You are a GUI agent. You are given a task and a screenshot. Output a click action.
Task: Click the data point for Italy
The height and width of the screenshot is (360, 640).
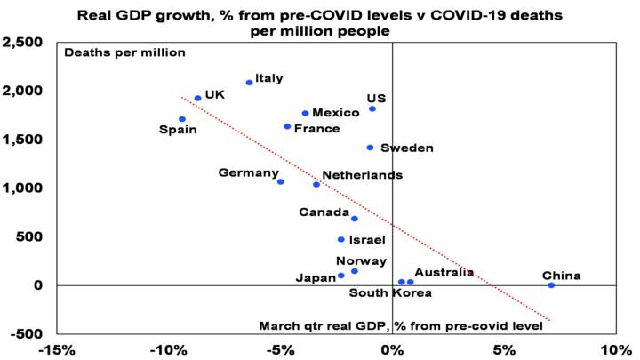[250, 83]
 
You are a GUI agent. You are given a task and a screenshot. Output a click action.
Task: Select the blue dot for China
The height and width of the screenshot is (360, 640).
[551, 285]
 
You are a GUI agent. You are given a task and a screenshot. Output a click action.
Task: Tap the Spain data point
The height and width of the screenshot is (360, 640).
[182, 119]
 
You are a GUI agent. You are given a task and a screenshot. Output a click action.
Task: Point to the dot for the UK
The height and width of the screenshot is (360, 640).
[197, 99]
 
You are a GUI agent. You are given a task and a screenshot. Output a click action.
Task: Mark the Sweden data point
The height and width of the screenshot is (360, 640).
[370, 148]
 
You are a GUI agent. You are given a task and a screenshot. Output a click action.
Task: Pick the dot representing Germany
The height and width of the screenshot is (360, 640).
[281, 181]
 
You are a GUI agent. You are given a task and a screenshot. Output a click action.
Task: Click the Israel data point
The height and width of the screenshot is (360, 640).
[340, 239]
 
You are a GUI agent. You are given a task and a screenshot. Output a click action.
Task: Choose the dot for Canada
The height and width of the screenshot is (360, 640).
[355, 219]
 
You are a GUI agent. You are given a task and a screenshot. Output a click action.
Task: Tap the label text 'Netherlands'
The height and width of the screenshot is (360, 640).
[362, 175]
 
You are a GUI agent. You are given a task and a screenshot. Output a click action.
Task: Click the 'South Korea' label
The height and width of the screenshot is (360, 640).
[390, 292]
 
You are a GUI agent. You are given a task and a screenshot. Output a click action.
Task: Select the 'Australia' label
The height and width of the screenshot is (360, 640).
[444, 272]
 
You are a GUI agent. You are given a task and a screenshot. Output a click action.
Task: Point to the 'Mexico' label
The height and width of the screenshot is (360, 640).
[336, 113]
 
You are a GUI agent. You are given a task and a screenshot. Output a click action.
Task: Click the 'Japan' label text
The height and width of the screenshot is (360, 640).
[315, 277]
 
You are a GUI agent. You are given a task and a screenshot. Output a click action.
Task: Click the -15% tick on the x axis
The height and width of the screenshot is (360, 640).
[58, 349]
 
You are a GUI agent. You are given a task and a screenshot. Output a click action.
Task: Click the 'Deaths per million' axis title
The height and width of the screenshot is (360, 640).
[124, 52]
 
